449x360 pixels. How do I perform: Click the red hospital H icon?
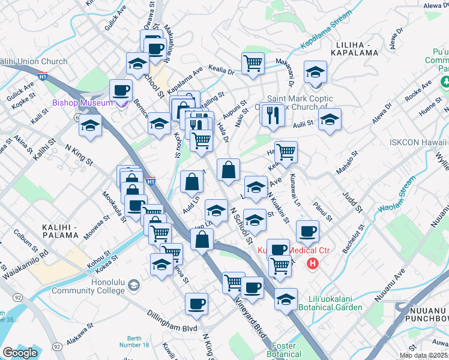click(312, 263)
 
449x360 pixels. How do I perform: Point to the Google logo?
click(20, 353)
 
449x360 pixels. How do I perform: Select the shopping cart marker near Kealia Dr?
click(253, 64)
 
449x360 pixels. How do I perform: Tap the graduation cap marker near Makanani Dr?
click(315, 73)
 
